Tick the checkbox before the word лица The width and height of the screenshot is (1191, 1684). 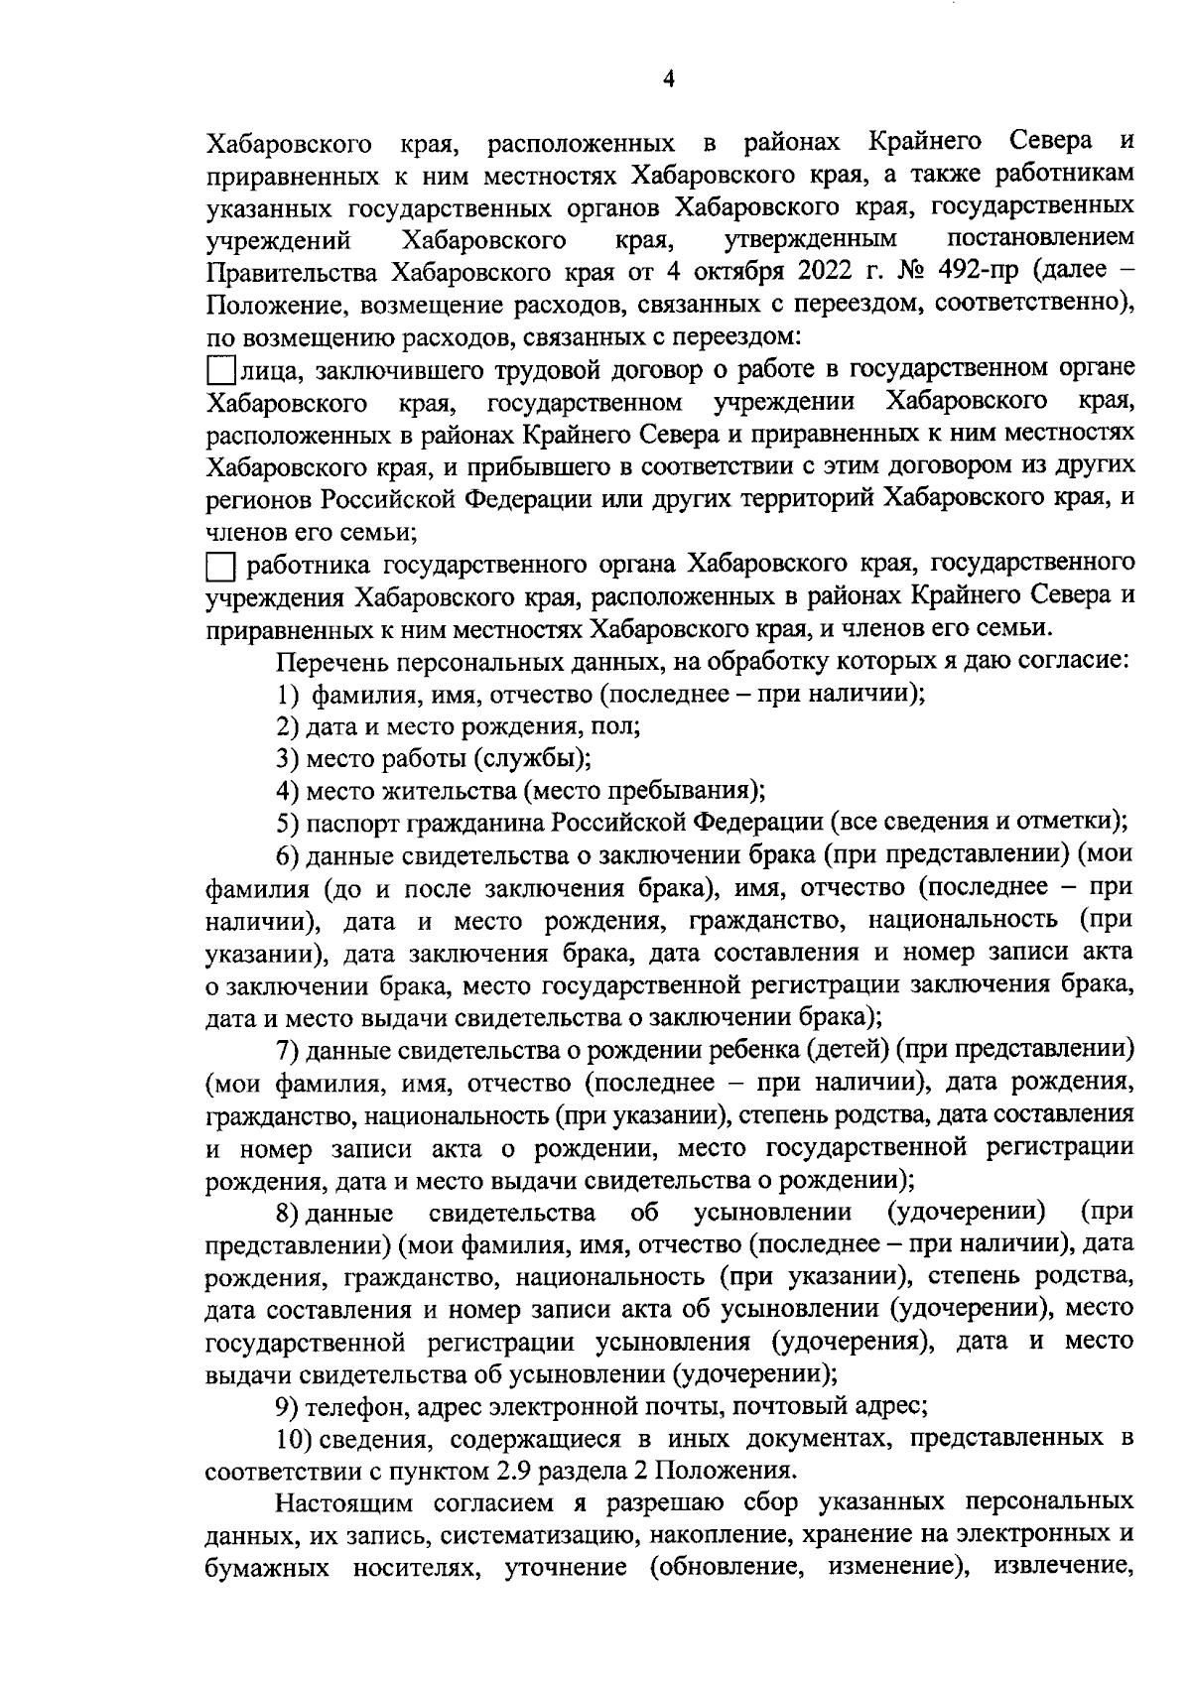pos(220,372)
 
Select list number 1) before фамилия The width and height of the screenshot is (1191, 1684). pos(289,695)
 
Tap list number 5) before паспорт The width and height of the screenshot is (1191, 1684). pos(288,824)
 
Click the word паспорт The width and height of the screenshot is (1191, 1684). pos(350,824)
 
